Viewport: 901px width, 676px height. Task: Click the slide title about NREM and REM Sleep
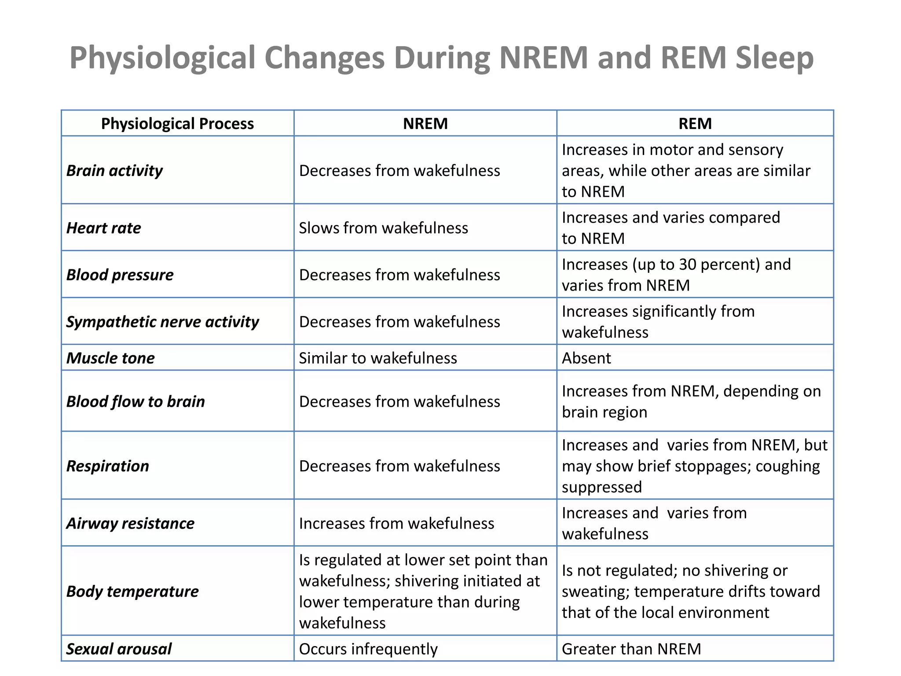[441, 58]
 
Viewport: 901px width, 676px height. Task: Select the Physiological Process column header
[177, 124]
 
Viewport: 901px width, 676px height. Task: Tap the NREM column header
[425, 124]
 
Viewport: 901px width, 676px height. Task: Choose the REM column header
[695, 124]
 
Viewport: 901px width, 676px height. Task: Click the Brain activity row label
[114, 171]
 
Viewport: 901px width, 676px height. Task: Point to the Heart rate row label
[103, 228]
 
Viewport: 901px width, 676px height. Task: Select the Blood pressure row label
[120, 275]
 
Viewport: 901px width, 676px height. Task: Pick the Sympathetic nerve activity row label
[162, 322]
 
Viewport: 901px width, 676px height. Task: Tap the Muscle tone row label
[110, 358]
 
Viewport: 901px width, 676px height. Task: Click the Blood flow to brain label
[136, 402]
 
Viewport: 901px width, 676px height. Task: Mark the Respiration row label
[107, 466]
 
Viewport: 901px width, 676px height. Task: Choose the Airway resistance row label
[130, 523]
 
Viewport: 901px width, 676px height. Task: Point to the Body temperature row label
[132, 591]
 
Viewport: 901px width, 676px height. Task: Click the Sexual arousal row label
[119, 649]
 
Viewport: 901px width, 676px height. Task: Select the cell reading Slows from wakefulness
[383, 228]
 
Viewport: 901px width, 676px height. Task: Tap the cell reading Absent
[586, 358]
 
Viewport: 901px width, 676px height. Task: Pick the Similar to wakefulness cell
[378, 358]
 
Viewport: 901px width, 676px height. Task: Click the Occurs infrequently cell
[368, 649]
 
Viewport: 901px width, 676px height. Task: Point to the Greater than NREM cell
[631, 649]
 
